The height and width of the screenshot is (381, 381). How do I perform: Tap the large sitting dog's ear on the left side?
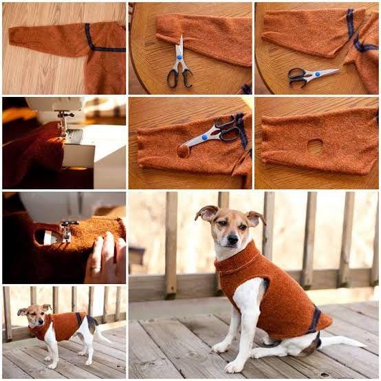click(x=206, y=213)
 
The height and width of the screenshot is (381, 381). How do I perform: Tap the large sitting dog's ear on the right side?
click(x=255, y=218)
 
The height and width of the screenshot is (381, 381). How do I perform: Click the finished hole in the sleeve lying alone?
click(x=315, y=146)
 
